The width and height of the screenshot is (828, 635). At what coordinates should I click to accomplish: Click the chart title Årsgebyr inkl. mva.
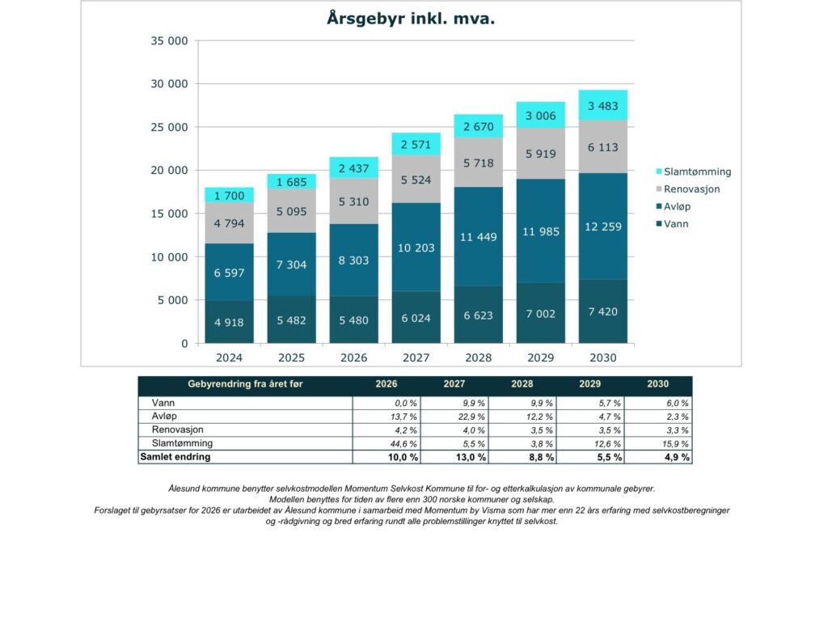click(411, 19)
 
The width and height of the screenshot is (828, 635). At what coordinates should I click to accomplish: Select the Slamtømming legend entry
click(697, 171)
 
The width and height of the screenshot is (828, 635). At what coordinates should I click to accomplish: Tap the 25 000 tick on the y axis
click(170, 127)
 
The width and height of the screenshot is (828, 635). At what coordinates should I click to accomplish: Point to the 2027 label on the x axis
click(416, 358)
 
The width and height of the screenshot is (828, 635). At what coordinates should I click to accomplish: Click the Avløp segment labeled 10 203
click(416, 248)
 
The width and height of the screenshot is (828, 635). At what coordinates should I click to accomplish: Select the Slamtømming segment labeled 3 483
click(602, 105)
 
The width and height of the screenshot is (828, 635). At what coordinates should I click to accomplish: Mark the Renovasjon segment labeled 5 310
click(354, 201)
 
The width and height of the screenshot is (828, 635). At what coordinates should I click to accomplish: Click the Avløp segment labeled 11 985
click(540, 232)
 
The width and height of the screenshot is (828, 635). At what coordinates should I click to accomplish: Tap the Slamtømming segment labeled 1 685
click(292, 182)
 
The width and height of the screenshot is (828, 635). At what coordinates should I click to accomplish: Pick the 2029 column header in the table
click(589, 384)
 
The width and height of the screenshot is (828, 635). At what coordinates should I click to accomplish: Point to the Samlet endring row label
click(175, 457)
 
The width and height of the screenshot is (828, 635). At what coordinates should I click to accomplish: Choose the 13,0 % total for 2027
click(470, 458)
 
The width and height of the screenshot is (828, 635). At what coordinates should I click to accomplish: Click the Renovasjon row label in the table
click(178, 430)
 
